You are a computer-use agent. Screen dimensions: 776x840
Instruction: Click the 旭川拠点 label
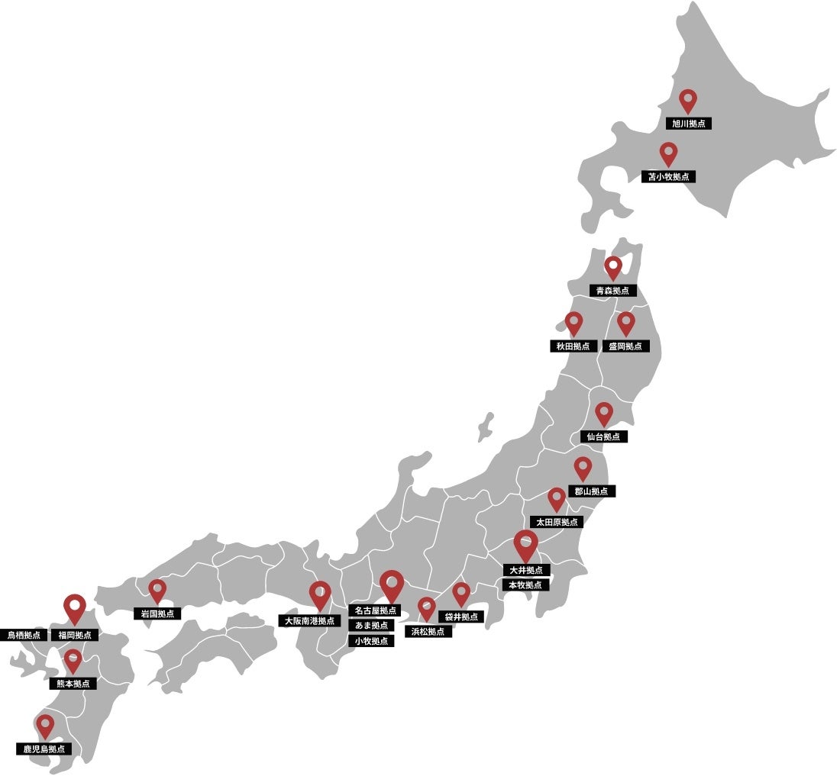pos(688,124)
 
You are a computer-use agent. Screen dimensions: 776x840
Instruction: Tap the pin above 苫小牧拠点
pos(669,153)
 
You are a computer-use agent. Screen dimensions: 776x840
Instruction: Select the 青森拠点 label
pos(613,291)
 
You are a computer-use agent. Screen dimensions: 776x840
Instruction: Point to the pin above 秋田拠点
pos(573,324)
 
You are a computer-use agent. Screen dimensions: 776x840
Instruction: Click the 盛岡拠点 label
pos(625,346)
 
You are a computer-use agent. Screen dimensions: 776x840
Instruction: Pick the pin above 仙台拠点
pos(604,414)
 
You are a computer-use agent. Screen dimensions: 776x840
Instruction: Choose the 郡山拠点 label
pos(591,491)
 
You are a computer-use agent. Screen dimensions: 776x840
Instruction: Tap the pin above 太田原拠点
pos(557,500)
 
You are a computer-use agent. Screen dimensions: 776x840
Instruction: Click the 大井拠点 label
pos(525,570)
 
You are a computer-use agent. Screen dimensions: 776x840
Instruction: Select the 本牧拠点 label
pos(525,585)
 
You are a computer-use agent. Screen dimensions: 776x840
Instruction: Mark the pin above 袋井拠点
pos(460,594)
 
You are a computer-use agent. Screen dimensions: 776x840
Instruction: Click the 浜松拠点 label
pos(427,632)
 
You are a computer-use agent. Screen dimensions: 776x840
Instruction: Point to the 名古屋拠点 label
pos(376,611)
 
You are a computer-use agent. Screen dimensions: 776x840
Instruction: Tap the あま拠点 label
pos(372,626)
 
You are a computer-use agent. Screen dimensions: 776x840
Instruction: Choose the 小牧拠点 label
pos(372,641)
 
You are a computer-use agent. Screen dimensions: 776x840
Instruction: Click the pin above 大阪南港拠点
pos(320,594)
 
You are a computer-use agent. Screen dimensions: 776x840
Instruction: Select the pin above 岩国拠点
pos(157,590)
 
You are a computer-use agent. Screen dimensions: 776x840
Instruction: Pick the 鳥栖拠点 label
pos(24,635)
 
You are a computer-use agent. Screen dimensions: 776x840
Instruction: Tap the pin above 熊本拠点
pos(73,660)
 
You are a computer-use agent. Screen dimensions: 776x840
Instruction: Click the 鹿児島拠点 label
pos(44,749)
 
